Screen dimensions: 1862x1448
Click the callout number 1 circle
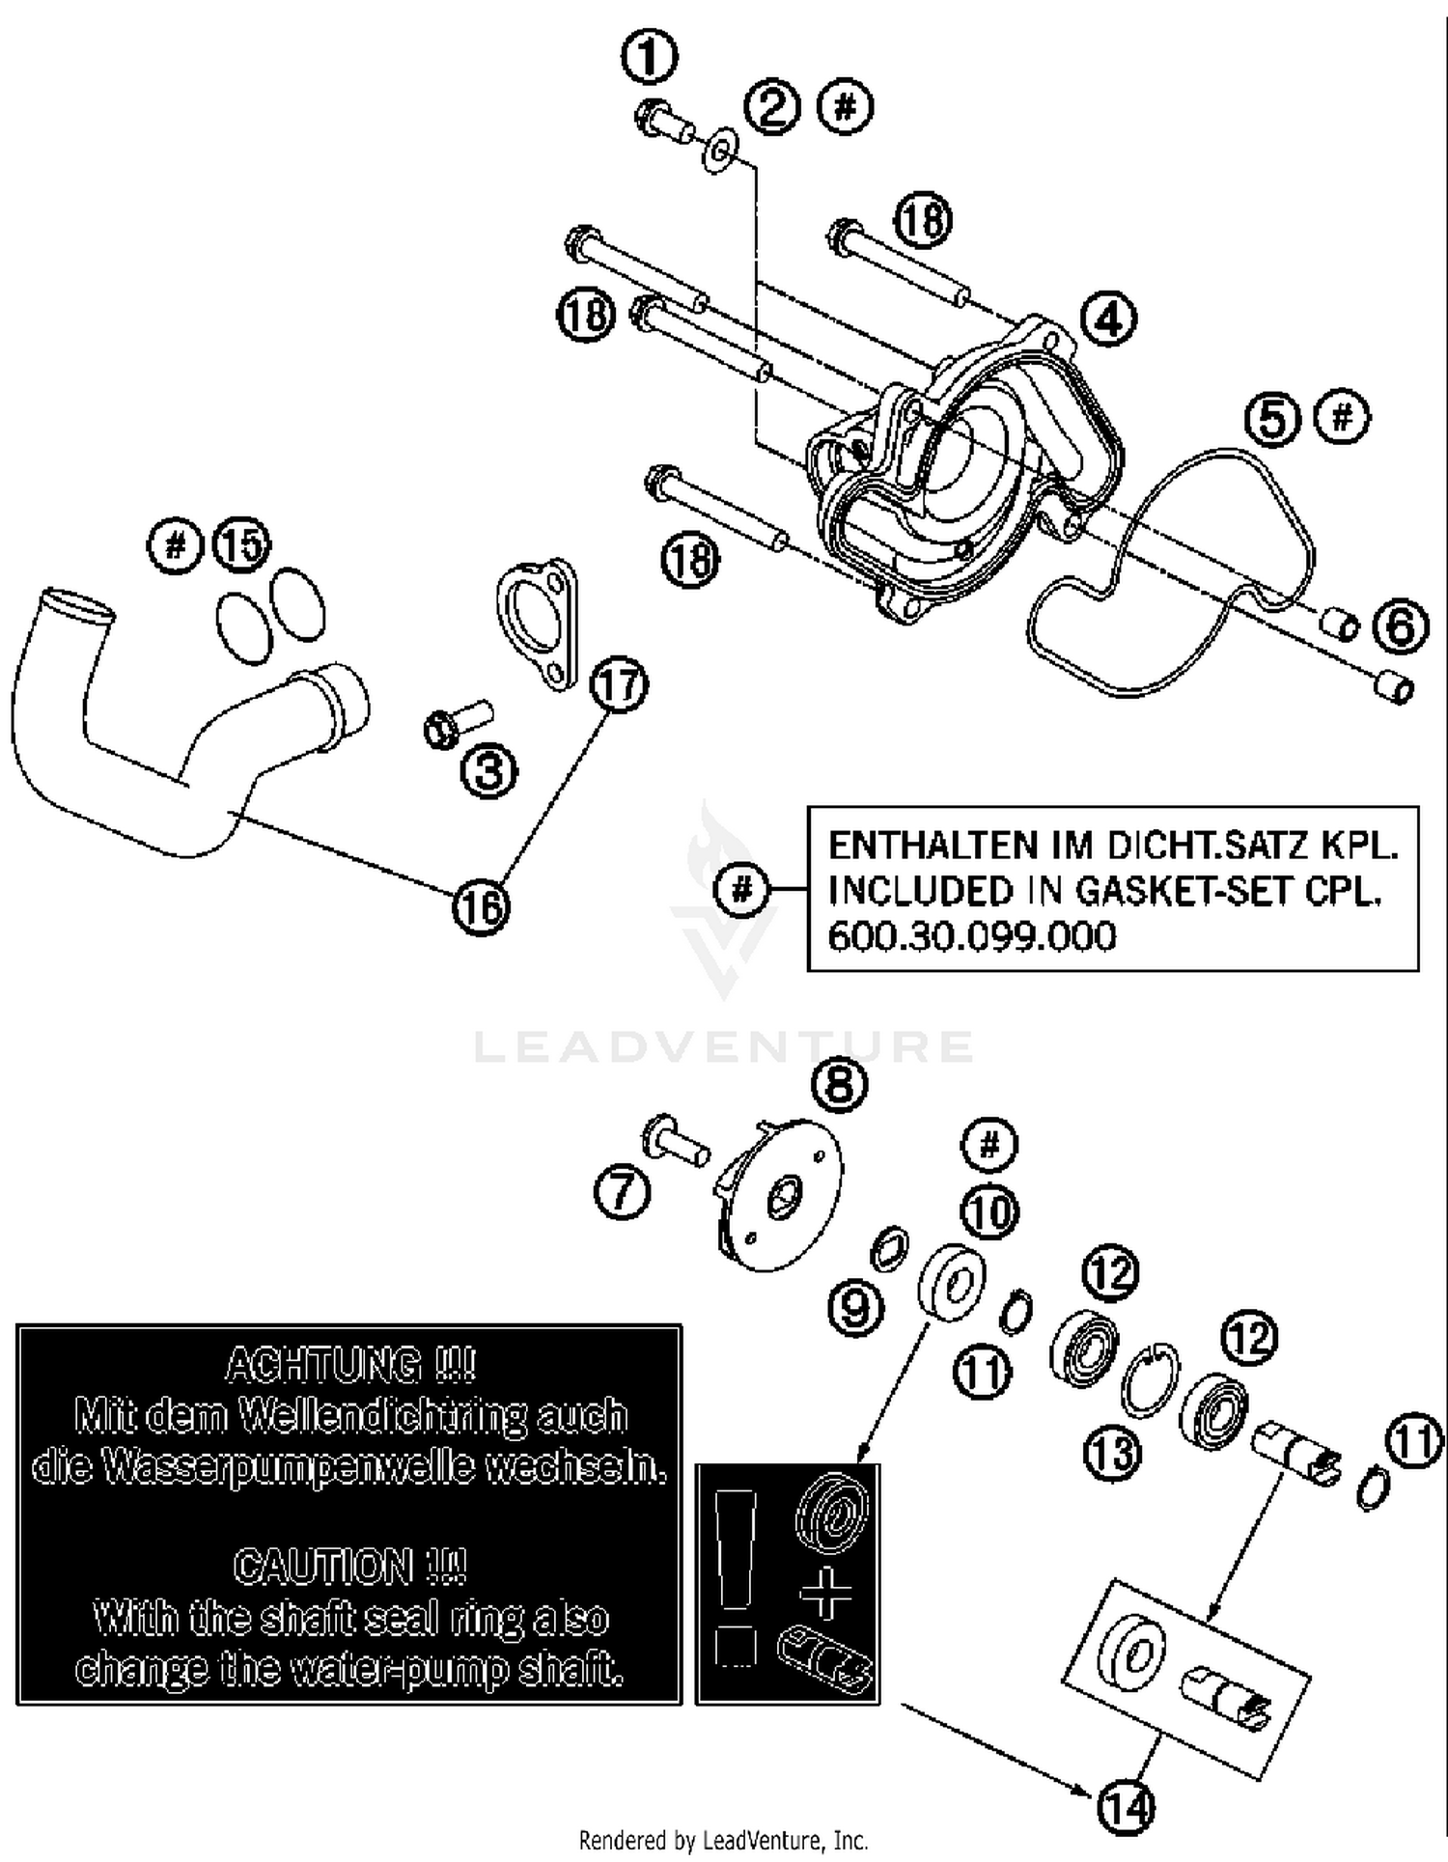(650, 57)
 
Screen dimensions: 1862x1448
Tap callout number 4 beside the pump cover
(1108, 318)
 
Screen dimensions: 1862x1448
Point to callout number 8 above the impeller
(839, 1085)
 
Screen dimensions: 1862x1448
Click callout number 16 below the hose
(481, 907)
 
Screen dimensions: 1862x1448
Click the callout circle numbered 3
(489, 770)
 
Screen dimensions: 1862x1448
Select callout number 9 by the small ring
(856, 1308)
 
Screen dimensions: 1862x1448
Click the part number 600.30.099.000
(971, 936)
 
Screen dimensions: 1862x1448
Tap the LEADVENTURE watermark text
(724, 1046)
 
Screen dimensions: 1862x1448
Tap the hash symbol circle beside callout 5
(1343, 418)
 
